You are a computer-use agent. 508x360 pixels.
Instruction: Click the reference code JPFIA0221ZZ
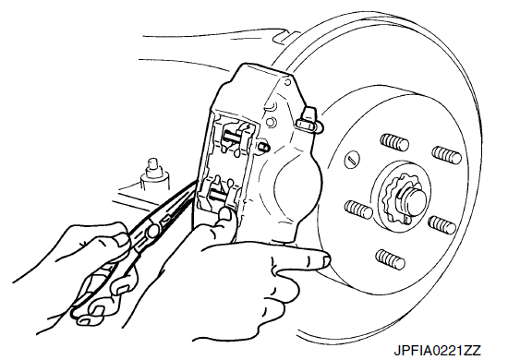coord(437,351)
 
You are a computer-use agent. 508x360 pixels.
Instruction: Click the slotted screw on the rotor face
coord(352,160)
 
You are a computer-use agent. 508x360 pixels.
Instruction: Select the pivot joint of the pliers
coord(152,231)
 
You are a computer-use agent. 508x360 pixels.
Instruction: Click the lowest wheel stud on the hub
coord(390,259)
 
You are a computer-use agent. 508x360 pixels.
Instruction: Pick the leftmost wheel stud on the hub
coord(358,210)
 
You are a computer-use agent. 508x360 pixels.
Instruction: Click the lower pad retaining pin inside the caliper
coord(218,195)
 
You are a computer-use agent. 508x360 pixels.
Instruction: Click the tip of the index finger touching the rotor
coord(325,259)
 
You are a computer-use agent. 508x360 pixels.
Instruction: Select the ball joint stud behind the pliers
coord(153,174)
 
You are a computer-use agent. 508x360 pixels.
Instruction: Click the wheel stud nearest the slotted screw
coord(394,142)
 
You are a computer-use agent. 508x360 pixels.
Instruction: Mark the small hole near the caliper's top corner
coord(287,82)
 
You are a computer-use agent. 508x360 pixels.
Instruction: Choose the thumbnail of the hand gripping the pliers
coord(121,239)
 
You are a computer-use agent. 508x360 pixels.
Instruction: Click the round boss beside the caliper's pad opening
coord(271,122)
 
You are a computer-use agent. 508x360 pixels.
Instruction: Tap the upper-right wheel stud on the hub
coord(447,155)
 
